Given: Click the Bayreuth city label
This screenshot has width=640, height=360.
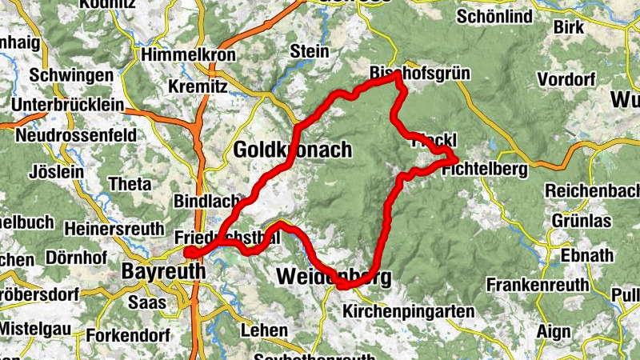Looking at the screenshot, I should (x=162, y=272).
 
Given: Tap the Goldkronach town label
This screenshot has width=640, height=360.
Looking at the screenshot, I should (x=293, y=150).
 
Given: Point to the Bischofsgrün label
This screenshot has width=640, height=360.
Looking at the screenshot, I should (x=419, y=74).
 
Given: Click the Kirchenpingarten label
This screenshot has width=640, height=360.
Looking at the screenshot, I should (x=408, y=311).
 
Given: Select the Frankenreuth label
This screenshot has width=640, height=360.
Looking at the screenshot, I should (x=538, y=285).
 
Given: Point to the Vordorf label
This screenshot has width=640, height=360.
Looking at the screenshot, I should (x=567, y=79).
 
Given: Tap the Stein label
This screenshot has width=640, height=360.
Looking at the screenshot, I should (x=310, y=51).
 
